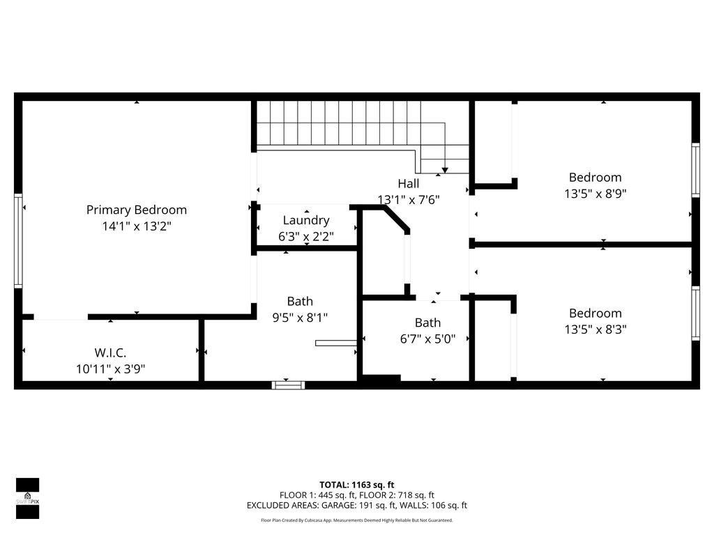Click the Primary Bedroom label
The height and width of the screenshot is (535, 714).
click(137, 210)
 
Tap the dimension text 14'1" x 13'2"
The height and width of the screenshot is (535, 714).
click(137, 226)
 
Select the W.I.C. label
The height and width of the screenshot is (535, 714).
click(110, 352)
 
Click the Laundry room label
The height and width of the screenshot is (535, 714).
click(306, 220)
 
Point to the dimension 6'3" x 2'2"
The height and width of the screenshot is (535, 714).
click(306, 237)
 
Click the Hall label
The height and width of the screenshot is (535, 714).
click(409, 184)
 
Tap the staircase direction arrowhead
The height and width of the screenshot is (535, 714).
click(445, 169)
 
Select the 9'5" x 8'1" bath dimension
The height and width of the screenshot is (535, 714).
click(300, 318)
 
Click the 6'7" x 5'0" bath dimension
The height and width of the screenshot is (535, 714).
click(427, 339)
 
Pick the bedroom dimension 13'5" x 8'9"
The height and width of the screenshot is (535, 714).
click(595, 194)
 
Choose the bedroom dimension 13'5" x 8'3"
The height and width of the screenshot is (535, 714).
click(595, 330)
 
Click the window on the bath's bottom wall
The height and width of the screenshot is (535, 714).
click(288, 384)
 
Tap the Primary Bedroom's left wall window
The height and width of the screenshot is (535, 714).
click(18, 240)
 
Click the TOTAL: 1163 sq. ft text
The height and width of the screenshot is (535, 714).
click(357, 485)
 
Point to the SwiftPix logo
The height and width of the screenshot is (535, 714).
click(27, 498)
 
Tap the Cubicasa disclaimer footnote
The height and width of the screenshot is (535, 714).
click(357, 520)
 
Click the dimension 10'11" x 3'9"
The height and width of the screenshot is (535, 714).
click(110, 369)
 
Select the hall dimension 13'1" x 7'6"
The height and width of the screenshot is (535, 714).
click(409, 200)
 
